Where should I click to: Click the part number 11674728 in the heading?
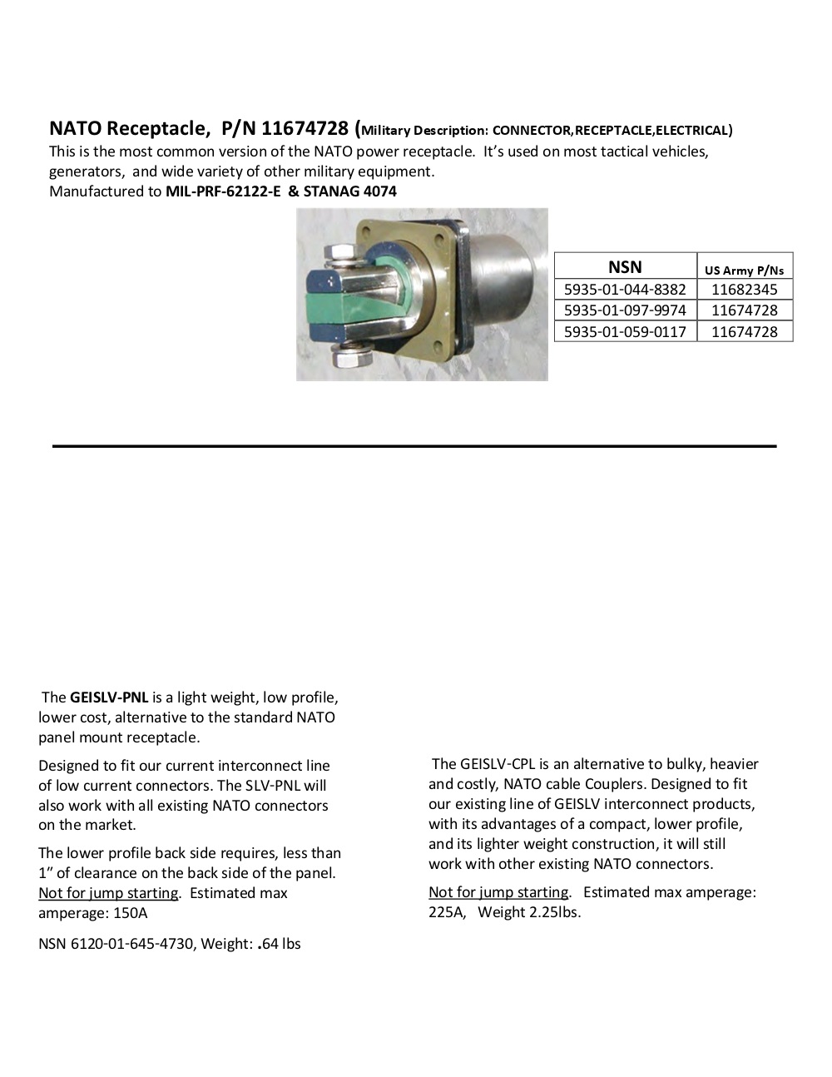[305, 128]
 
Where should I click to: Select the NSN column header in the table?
[625, 266]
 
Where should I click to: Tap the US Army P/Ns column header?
[744, 270]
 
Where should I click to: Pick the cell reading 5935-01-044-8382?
[625, 290]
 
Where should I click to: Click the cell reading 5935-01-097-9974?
[625, 310]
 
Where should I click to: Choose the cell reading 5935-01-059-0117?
[625, 331]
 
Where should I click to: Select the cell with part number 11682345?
[744, 290]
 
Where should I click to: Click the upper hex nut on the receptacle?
[339, 252]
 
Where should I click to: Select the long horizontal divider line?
[414, 447]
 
